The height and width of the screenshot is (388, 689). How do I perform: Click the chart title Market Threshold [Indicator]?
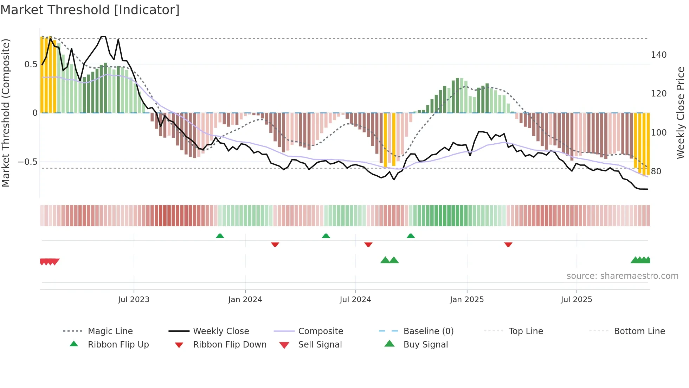[x=90, y=10]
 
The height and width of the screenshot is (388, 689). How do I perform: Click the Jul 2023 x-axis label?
[x=134, y=300]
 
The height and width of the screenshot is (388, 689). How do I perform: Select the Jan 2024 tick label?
[x=245, y=300]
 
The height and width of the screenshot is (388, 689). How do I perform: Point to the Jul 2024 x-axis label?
[x=355, y=300]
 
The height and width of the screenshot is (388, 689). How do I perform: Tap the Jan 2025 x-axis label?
[x=467, y=300]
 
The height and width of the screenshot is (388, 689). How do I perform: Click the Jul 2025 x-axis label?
[x=577, y=300]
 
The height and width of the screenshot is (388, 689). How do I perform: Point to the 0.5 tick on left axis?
[x=31, y=64]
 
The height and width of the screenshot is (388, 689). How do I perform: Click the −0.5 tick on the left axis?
[x=27, y=162]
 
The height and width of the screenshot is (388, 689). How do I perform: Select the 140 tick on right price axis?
[x=659, y=55]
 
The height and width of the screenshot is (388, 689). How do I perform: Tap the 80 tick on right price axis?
[x=656, y=171]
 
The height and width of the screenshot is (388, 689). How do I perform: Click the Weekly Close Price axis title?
[x=681, y=113]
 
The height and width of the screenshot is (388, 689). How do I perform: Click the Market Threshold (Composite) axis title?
[x=6, y=113]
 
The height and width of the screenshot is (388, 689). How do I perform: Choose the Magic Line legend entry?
[x=110, y=331]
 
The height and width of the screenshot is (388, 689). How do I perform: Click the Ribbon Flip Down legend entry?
[x=230, y=345]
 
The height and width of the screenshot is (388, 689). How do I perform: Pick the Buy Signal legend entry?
[x=425, y=345]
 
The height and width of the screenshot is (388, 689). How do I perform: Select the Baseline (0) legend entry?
[x=428, y=331]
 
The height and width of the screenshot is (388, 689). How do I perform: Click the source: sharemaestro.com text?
[x=622, y=276]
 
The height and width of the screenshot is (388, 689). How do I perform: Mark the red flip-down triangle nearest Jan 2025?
[x=508, y=244]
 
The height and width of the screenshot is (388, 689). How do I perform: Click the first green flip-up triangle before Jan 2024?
[x=220, y=236]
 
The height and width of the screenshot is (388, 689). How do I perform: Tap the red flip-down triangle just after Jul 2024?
[x=368, y=244]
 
